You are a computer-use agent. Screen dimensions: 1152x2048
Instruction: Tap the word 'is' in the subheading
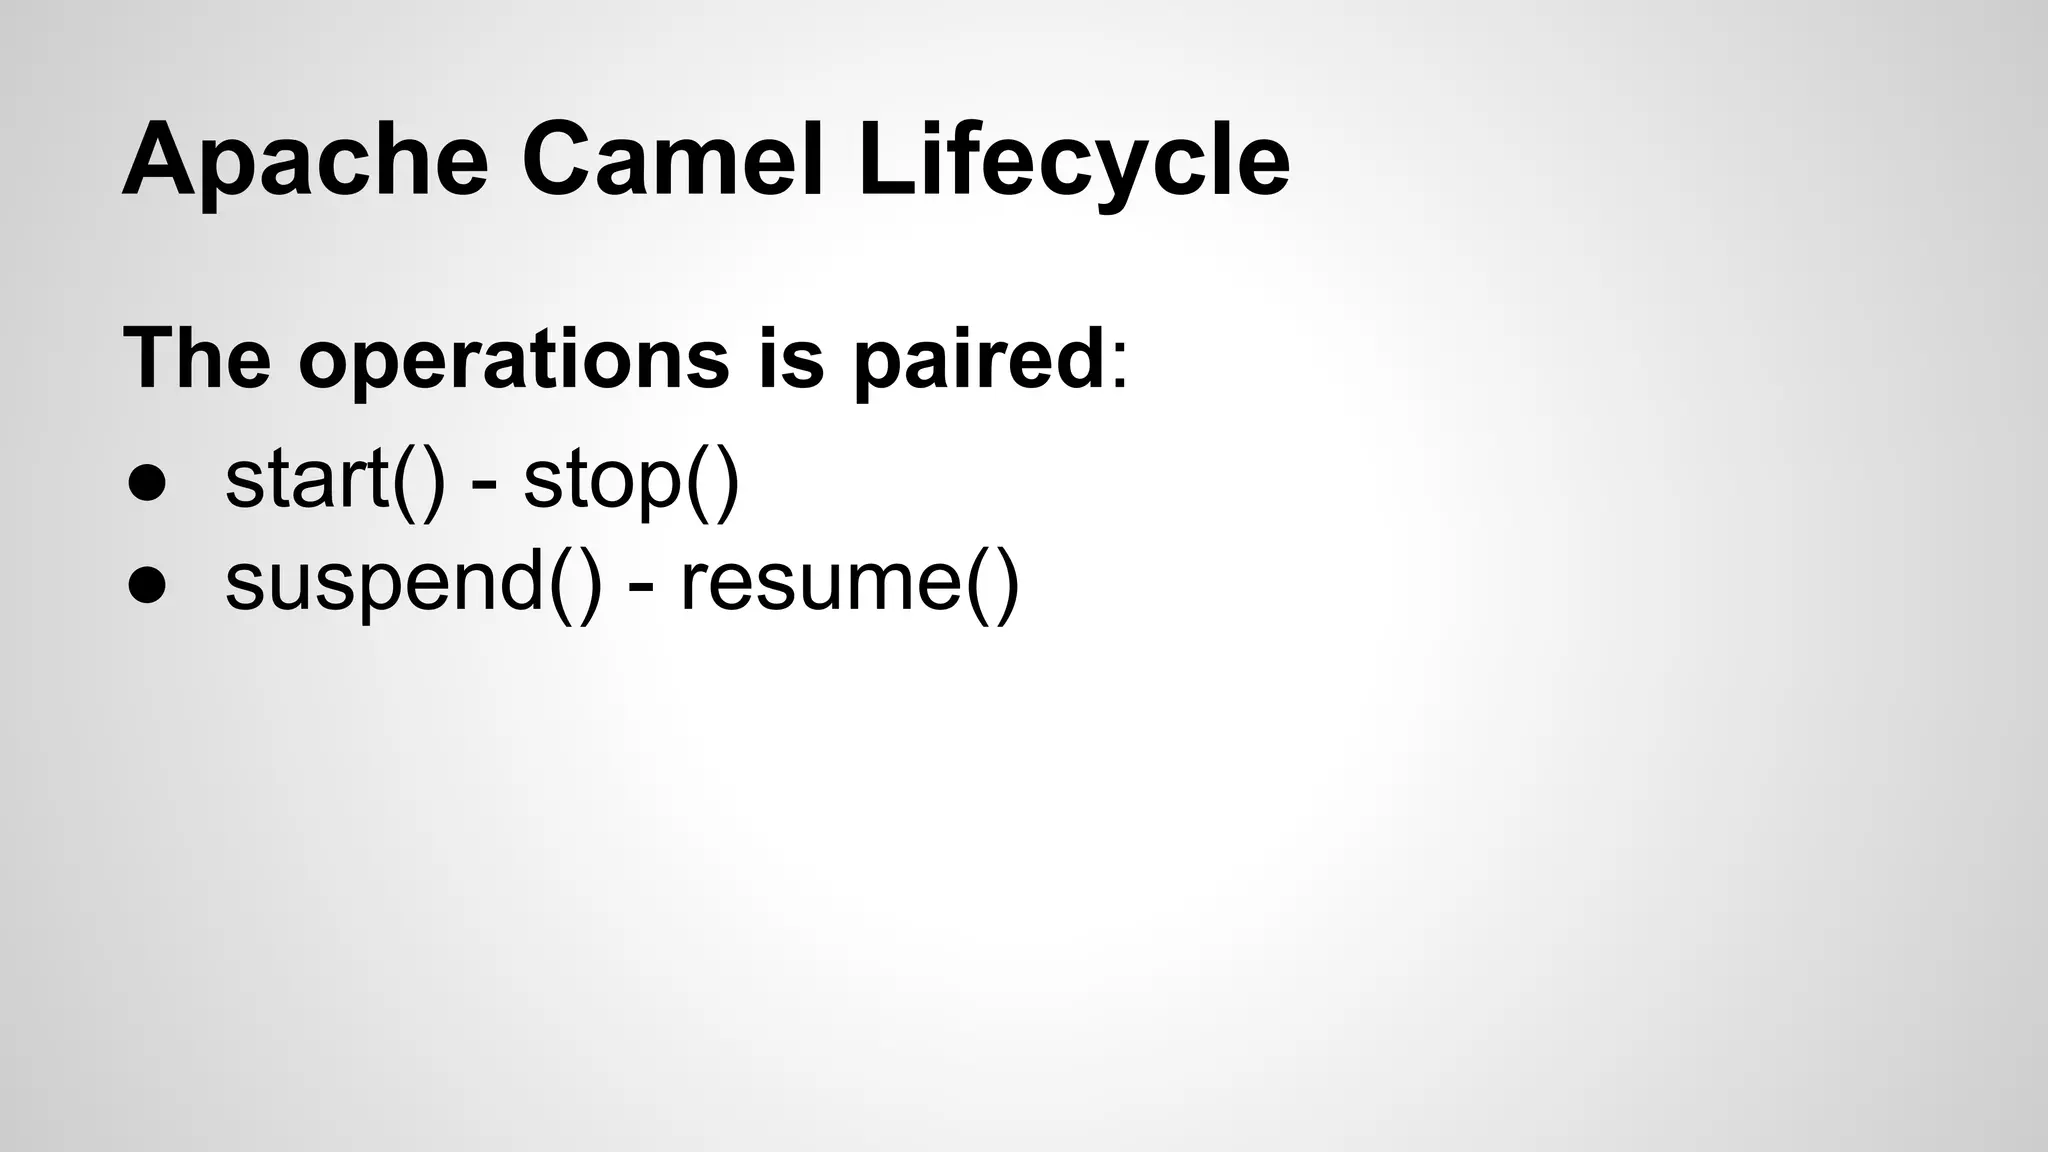(x=791, y=357)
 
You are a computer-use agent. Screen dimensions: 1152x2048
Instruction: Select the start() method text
(x=335, y=480)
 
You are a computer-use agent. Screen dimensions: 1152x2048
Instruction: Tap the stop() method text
(x=631, y=480)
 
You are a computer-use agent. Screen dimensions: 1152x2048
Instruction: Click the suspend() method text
(x=414, y=584)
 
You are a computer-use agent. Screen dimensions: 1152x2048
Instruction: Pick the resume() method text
(x=850, y=584)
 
